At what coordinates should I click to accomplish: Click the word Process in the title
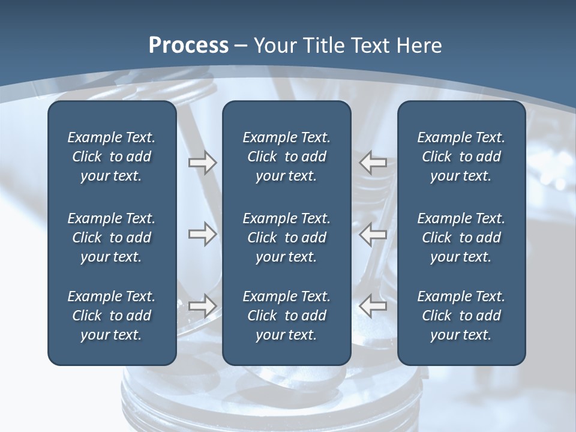click(188, 46)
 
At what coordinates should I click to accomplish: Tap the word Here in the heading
click(418, 46)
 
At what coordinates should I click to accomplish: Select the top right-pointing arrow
click(202, 163)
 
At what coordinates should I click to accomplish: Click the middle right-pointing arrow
click(202, 234)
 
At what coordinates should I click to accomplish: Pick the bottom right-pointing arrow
click(202, 305)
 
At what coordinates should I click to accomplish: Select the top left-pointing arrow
click(373, 163)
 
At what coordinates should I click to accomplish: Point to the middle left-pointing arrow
click(373, 234)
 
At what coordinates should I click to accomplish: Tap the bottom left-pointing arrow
click(373, 306)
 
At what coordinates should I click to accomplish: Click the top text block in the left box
click(112, 157)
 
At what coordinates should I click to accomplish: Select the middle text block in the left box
click(112, 238)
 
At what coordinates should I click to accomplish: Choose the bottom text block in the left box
click(112, 316)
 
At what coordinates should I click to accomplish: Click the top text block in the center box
click(286, 157)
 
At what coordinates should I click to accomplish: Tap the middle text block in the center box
click(286, 238)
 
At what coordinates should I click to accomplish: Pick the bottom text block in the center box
click(286, 316)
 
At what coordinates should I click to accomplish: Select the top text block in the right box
click(461, 157)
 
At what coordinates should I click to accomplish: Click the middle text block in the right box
click(461, 238)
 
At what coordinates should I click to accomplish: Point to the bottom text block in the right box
click(461, 316)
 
